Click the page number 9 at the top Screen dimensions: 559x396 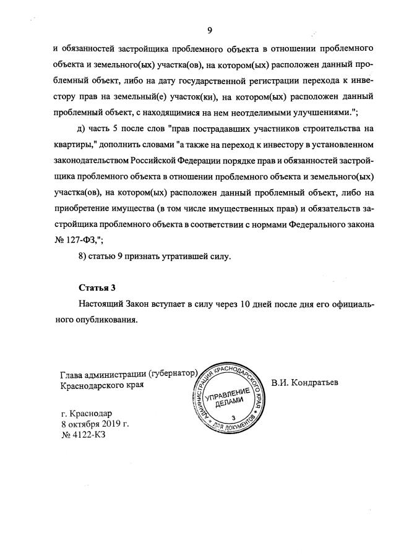[210, 30]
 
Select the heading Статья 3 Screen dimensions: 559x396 [97, 288]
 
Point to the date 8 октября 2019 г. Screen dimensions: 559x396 [95, 424]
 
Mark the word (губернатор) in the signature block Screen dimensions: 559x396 [173, 373]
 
